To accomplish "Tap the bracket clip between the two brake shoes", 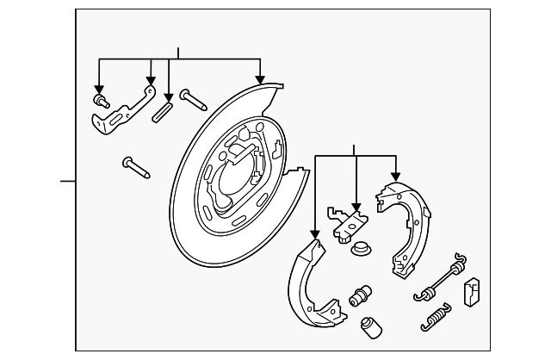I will coord(346,220).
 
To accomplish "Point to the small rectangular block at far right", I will coord(473,291).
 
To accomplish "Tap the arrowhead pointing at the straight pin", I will coord(170,96).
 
